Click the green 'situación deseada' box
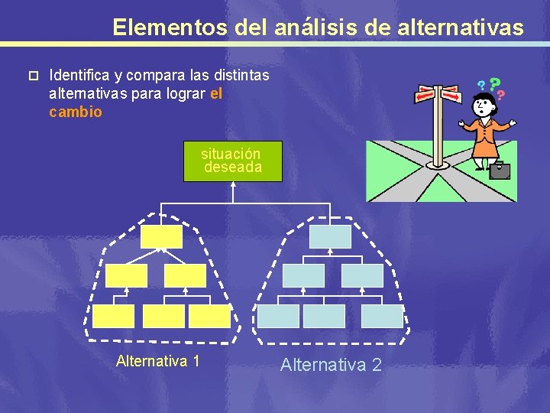coord(233,161)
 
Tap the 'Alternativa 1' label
coord(158,361)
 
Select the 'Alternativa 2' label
coord(331,365)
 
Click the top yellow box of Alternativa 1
coord(162,236)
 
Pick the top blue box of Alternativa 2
coord(330,236)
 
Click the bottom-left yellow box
coord(114,316)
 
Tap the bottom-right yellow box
coord(209,316)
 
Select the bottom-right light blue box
coord(382,316)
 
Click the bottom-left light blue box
coord(278,316)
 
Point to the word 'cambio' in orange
coord(76,112)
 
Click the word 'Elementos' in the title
coord(168,28)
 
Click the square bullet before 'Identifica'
coord(31,76)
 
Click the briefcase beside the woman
coord(500,170)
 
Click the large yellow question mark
coord(495,83)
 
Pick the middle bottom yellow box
coord(164,316)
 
